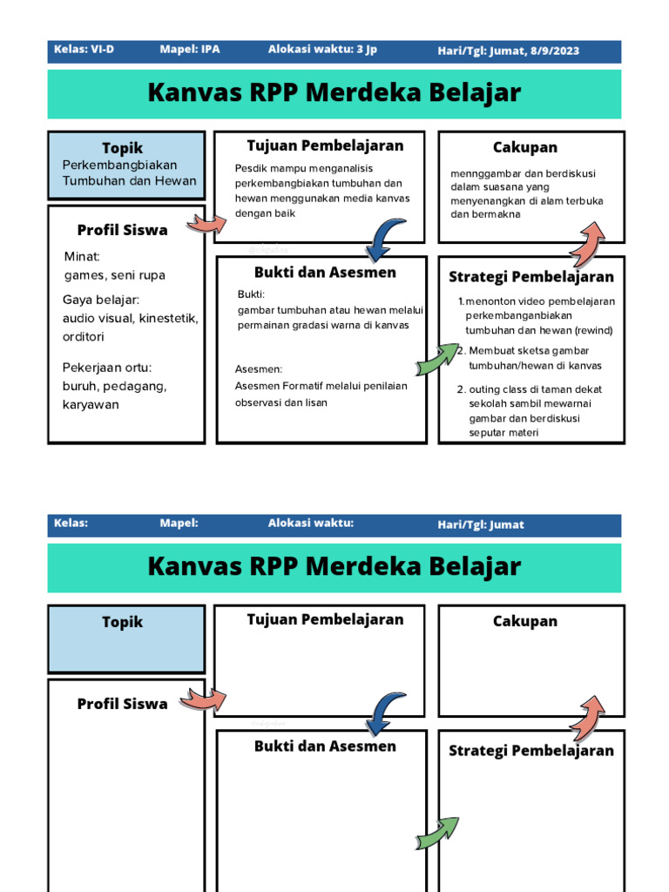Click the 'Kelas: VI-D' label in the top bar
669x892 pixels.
(x=84, y=50)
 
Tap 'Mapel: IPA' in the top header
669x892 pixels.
(x=189, y=50)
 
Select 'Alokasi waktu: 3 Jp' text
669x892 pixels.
(x=322, y=50)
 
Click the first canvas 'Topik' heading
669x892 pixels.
(x=122, y=148)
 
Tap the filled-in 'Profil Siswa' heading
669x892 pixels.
(x=122, y=230)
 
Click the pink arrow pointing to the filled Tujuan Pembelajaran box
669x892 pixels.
(x=207, y=224)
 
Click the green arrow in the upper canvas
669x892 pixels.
(x=436, y=358)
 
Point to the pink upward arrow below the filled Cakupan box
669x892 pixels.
(x=587, y=243)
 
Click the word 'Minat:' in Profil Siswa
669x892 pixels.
(x=82, y=256)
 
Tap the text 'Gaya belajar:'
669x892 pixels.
(x=94, y=300)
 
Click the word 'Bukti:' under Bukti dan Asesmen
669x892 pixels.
(x=251, y=294)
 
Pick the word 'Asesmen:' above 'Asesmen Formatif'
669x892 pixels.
(x=259, y=369)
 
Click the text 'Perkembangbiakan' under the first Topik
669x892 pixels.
(x=119, y=165)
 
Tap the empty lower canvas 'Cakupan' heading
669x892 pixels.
(x=524, y=621)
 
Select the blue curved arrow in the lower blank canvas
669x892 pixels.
(x=385, y=713)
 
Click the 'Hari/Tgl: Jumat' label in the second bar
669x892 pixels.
(x=481, y=524)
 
